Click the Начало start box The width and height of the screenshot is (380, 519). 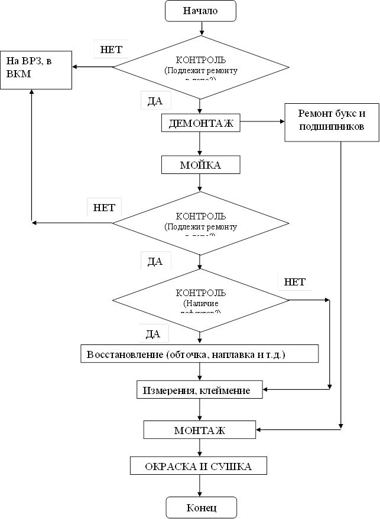[x=200, y=11]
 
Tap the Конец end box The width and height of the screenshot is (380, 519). [x=201, y=507]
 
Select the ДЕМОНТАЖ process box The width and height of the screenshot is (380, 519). [x=201, y=123]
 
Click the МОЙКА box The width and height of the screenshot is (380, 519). [x=200, y=165]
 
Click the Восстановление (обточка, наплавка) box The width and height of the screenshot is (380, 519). [x=200, y=354]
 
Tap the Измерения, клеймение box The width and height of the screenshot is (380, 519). [x=200, y=390]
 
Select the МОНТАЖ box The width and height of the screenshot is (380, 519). [x=200, y=430]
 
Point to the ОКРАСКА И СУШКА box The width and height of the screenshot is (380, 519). [x=199, y=467]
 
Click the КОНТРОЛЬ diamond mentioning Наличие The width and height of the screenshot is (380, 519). [x=200, y=300]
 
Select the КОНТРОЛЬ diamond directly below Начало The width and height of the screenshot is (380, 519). [x=200, y=66]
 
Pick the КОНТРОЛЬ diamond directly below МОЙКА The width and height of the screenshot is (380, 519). [x=200, y=222]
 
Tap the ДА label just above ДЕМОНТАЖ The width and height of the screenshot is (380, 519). [x=155, y=101]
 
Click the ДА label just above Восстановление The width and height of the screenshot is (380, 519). [x=153, y=334]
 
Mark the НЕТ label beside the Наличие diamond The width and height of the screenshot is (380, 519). [x=294, y=282]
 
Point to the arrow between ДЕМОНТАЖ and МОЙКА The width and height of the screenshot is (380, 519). [x=200, y=143]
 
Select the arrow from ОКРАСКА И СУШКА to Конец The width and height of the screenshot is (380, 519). [x=200, y=485]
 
